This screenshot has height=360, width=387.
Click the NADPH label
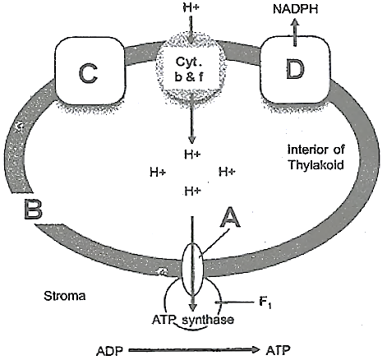click(x=296, y=9)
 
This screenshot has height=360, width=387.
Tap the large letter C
click(x=88, y=73)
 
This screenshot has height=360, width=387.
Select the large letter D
click(x=295, y=69)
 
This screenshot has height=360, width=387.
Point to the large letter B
click(x=33, y=209)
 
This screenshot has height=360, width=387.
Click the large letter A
click(x=230, y=217)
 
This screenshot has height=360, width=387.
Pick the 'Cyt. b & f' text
click(x=190, y=70)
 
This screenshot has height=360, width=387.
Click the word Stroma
click(x=65, y=296)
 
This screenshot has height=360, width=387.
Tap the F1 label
click(x=265, y=302)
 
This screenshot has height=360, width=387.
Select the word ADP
click(x=109, y=351)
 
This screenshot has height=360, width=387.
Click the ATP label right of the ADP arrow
click(x=278, y=350)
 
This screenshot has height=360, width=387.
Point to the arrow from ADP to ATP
click(x=194, y=350)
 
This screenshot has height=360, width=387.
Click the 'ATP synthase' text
click(x=193, y=320)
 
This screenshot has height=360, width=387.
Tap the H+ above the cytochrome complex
click(x=191, y=7)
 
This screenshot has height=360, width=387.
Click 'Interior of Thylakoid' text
click(x=316, y=157)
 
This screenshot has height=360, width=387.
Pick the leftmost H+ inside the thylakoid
click(x=158, y=173)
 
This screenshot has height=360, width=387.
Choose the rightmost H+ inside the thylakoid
click(x=227, y=172)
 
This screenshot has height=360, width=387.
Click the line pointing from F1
click(x=234, y=302)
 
